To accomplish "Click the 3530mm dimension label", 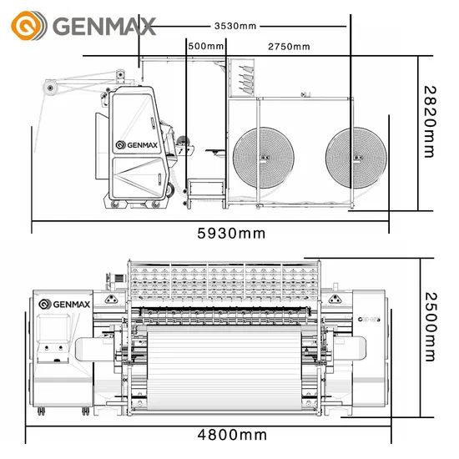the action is point(235,26).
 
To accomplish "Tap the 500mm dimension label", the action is point(206,46).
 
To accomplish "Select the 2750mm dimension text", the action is point(289,47).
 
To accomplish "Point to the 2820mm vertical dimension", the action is point(430,122).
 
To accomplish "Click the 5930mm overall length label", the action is point(231,234).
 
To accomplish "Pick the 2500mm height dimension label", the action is point(431,326).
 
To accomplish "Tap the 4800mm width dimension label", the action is point(232,435).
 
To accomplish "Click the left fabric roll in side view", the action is point(264,158).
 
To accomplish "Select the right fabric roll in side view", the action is point(356,158).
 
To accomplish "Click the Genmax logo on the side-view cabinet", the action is point(136,145).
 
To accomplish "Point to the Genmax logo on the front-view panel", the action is point(64,305).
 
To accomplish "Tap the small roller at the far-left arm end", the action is point(50,88).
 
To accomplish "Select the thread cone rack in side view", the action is point(241,78).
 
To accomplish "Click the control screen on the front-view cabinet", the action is point(54,327).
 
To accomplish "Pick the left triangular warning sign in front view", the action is point(111,299).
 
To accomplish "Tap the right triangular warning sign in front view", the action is point(335,299).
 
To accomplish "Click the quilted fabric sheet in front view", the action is point(224,368).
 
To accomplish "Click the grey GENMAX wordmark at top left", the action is point(104,26).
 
